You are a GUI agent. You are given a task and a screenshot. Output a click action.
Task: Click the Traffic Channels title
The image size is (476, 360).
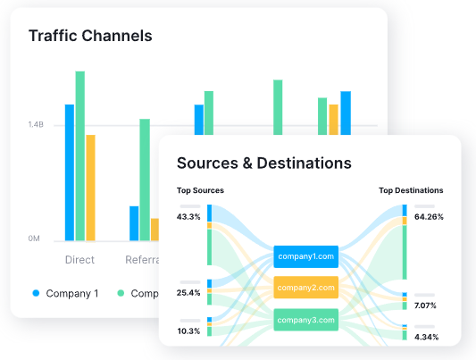pos(90,37)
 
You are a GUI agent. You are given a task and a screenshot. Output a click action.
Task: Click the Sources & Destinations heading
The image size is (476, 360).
pos(263,163)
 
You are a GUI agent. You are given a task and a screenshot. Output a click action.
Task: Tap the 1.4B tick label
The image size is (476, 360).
pos(35,125)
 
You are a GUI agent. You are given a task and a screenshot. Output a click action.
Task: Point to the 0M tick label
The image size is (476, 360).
pos(35,239)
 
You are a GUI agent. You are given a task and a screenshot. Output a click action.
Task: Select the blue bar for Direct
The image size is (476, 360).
pos(70,172)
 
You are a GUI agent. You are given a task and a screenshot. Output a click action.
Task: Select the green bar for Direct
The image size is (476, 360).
pos(80,155)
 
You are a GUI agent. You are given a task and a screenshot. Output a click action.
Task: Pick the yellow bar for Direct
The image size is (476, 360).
pos(90,187)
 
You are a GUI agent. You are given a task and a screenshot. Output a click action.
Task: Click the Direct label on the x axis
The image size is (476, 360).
pos(79,261)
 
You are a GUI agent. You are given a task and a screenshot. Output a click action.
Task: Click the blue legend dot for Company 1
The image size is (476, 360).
pos(37,293)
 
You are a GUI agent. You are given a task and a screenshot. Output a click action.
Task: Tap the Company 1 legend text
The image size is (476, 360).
pos(71,293)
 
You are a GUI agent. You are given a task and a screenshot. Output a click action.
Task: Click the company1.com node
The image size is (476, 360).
pos(306,256)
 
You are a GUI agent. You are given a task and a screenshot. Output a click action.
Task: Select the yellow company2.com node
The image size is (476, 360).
pos(306,288)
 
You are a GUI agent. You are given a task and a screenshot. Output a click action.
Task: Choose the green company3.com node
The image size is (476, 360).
pos(306,320)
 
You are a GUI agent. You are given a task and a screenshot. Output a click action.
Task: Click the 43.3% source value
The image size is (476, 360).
pos(188,217)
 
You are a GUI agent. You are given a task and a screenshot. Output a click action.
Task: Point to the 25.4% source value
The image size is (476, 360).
pos(188,292)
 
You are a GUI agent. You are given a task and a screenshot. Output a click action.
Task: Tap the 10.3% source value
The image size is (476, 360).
pos(188,331)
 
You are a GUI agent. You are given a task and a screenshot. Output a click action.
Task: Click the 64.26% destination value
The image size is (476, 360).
pos(429,217)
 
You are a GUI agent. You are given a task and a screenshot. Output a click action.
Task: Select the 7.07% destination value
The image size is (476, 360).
pos(425,306)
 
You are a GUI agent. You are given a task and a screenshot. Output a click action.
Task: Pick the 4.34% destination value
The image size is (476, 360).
pos(425,337)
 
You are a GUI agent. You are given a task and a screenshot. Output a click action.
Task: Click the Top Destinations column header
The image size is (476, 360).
pos(411,190)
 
